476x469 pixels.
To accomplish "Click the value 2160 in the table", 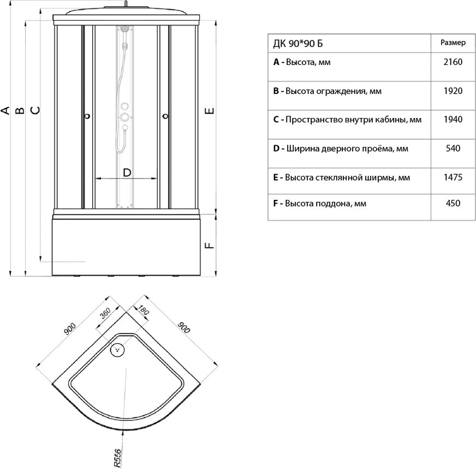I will pyautogui.click(x=453, y=62).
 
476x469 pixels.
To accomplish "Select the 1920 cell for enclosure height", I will pyautogui.click(x=453, y=91).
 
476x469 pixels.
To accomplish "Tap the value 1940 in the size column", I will pyautogui.click(x=453, y=120).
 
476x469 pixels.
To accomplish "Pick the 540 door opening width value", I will pyautogui.click(x=453, y=149).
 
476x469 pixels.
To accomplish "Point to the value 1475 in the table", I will pyautogui.click(x=453, y=177).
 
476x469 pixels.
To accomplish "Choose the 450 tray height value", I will pyautogui.click(x=453, y=204).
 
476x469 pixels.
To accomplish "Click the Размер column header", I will pyautogui.click(x=453, y=43).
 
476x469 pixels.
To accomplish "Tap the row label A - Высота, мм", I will pyautogui.click(x=302, y=62).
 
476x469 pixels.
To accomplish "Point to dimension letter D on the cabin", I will pyautogui.click(x=126, y=173).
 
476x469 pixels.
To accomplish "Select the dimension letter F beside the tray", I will pyautogui.click(x=209, y=246).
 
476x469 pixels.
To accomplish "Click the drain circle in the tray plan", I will pyautogui.click(x=118, y=349).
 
